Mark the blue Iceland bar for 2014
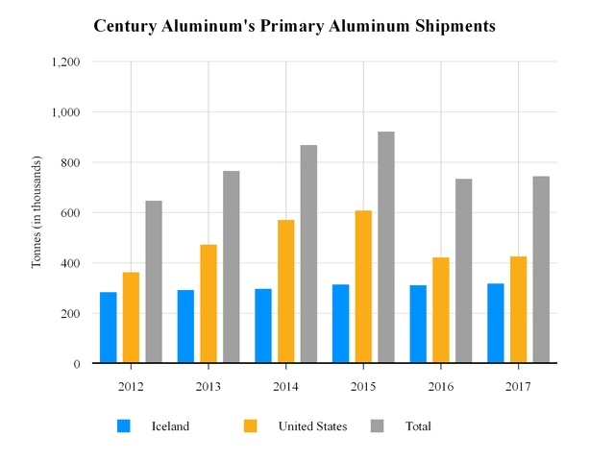tap(263, 326)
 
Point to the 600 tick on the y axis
tap(68, 212)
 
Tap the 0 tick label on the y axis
tap(75, 364)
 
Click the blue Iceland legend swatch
tap(124, 425)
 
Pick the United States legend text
tap(312, 425)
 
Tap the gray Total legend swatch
tap(378, 425)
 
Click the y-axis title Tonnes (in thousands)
tap(37, 212)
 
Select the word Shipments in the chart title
tap(450, 26)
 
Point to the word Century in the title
tap(127, 26)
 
